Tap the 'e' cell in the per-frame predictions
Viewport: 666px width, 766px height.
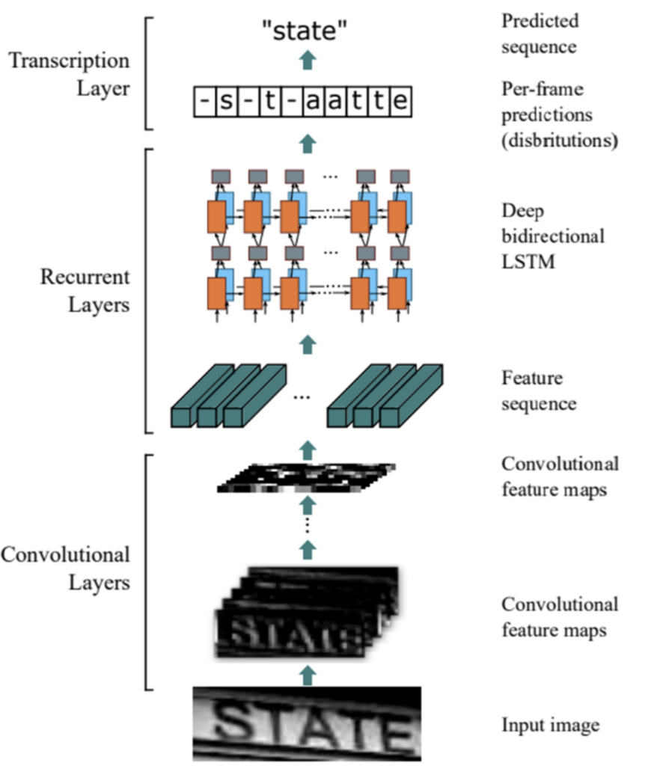click(x=401, y=100)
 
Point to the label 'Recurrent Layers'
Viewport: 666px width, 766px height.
click(x=85, y=291)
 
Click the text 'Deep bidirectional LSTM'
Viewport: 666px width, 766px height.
click(x=552, y=236)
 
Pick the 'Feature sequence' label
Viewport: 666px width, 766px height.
click(x=539, y=390)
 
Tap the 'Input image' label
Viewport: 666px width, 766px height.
click(x=551, y=725)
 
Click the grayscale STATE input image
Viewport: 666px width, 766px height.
click(x=307, y=723)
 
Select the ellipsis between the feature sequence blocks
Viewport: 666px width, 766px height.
click(x=302, y=397)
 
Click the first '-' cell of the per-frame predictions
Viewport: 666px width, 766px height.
click(x=202, y=100)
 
